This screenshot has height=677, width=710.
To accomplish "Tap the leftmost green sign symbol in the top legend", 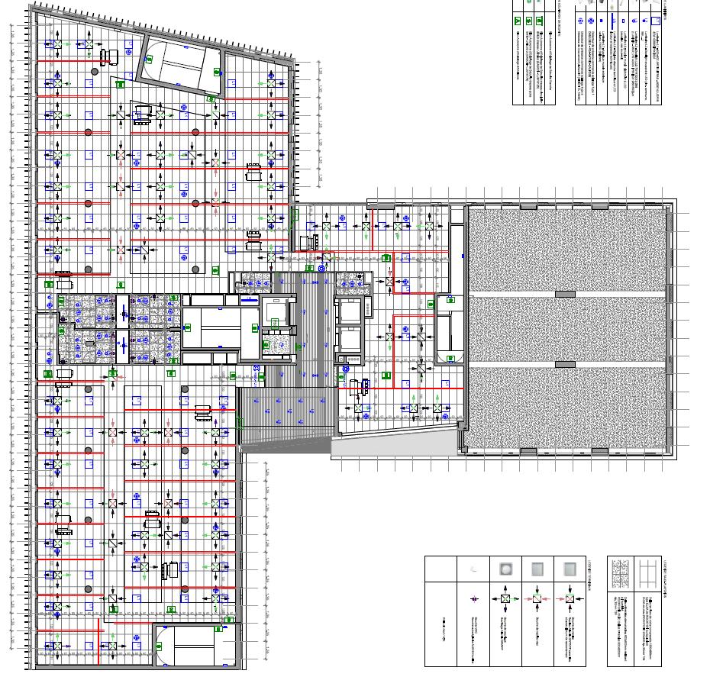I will [517, 21].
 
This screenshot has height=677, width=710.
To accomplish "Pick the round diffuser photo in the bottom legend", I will [504, 569].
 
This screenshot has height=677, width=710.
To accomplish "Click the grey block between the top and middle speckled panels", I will [565, 294].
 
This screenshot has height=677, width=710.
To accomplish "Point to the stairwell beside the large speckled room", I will [450, 332].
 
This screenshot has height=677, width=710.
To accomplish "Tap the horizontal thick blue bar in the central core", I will [249, 300].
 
